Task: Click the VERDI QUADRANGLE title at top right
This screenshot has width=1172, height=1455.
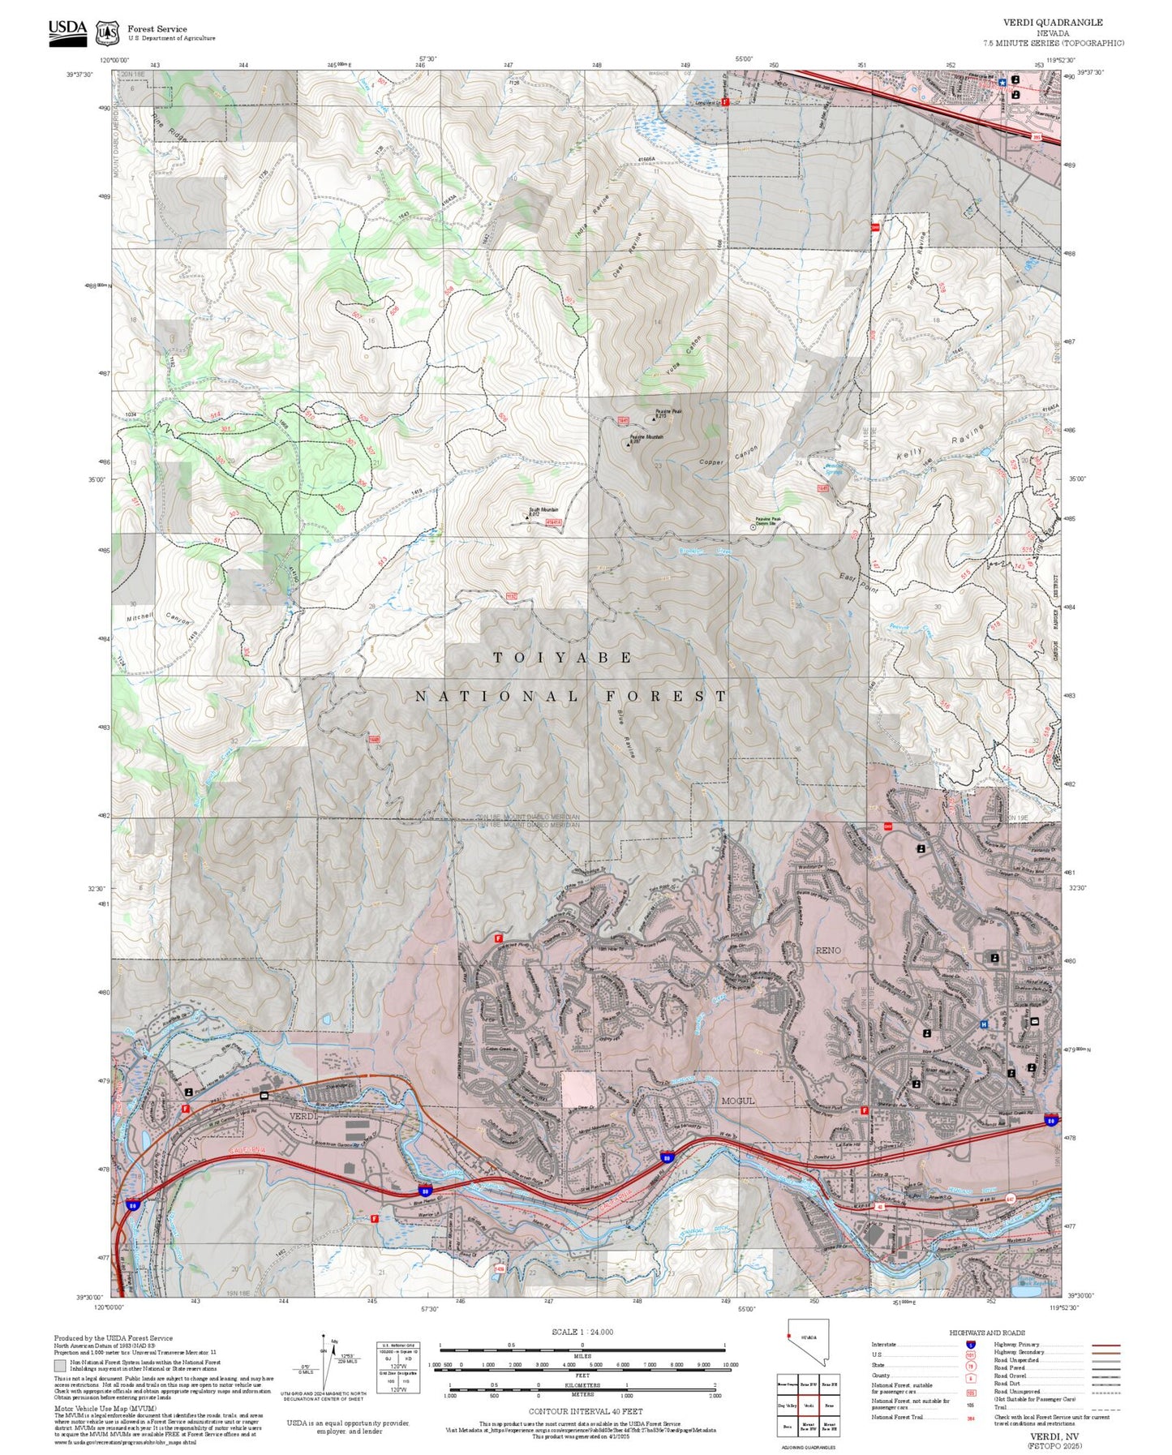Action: [x=1053, y=23]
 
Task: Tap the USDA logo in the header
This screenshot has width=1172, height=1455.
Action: [x=67, y=32]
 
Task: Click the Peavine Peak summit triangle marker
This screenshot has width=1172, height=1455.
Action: [x=654, y=419]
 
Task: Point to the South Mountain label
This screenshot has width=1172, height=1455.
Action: [x=544, y=510]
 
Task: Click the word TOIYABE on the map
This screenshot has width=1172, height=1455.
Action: [x=563, y=658]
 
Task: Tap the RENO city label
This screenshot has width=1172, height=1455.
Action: [x=828, y=950]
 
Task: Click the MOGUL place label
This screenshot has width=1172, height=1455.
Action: [x=737, y=1101]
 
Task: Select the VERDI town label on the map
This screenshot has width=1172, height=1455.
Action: [x=304, y=1117]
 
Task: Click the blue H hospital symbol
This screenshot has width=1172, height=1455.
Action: [x=984, y=1025]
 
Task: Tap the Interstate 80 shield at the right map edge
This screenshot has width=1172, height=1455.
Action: [x=1050, y=1119]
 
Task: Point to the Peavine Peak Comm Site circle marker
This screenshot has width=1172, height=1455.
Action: [x=751, y=526]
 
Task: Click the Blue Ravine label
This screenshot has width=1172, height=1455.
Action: [x=626, y=733]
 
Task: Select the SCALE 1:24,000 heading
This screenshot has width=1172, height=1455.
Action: [x=582, y=1332]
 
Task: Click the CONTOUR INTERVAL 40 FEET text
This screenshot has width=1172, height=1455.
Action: [x=585, y=1411]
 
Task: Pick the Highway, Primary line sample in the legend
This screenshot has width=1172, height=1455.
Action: [x=1105, y=1345]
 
